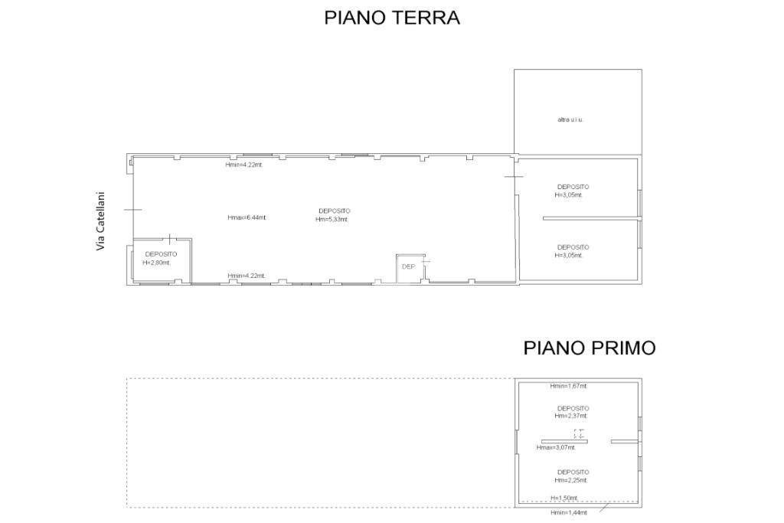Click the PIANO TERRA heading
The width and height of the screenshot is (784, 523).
[x=392, y=18]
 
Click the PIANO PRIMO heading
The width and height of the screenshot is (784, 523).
[x=590, y=348]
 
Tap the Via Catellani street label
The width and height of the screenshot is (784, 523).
[x=102, y=221]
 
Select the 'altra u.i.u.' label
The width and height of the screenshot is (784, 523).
[x=570, y=120]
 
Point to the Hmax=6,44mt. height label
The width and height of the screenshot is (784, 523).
[x=247, y=217]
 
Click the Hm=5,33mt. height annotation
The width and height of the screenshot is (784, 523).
[x=332, y=220]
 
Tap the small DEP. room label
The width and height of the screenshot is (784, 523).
[x=409, y=267]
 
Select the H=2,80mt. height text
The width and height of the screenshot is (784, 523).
[x=156, y=263]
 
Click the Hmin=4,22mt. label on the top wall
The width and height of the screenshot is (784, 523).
[x=244, y=165]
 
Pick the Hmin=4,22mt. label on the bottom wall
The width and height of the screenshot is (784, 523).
[x=247, y=276]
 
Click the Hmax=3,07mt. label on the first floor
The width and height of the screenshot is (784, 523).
[x=556, y=448]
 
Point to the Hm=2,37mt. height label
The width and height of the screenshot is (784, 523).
[x=571, y=416]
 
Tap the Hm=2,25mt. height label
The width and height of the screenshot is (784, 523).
[x=571, y=480]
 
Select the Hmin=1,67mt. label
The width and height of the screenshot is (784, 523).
[x=569, y=386]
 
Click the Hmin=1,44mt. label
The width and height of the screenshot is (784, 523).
[x=569, y=512]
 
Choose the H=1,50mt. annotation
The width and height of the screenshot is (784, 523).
[x=564, y=498]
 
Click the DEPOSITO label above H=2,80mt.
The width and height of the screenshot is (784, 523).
[x=161, y=254]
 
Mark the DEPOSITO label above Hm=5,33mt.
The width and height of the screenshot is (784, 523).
[x=335, y=211]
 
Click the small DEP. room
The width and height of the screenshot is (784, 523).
[x=410, y=269]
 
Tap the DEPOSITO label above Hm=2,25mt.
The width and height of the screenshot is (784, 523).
[x=573, y=472]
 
